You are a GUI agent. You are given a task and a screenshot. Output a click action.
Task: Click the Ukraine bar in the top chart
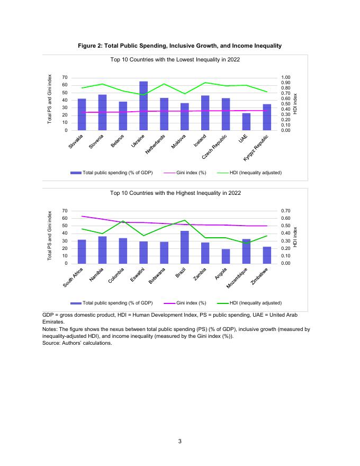(143, 106)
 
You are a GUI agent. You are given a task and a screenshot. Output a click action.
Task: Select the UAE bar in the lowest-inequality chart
(246, 121)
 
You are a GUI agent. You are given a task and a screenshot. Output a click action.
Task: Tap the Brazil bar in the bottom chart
(185, 247)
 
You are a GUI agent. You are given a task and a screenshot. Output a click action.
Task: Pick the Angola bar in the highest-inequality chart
(226, 256)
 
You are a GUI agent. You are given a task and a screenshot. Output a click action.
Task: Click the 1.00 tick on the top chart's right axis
(286, 78)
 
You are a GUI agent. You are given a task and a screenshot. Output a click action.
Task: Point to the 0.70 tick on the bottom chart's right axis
(286, 211)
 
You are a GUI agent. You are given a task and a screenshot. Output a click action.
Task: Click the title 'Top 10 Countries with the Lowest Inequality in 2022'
(175, 60)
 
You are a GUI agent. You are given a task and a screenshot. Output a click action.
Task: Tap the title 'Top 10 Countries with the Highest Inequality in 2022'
(175, 193)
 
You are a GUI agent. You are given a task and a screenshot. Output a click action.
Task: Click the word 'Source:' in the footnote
(51, 343)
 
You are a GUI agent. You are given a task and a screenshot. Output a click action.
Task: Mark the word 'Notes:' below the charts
(51, 329)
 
